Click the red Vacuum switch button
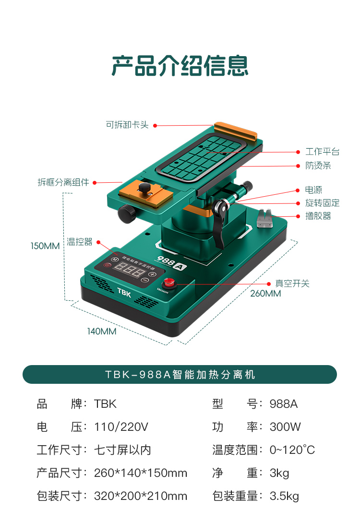(168, 283)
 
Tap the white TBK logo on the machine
(124, 291)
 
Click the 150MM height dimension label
(45, 246)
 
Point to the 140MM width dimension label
(101, 331)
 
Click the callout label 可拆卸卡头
(127, 125)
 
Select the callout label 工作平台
(322, 152)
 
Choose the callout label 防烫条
(318, 166)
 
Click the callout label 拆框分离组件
(63, 182)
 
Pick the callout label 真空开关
(292, 283)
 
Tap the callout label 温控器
(80, 242)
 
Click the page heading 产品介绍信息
(180, 66)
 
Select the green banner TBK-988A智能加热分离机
(180, 374)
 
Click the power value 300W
(285, 426)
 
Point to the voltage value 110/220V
(121, 426)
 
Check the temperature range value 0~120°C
(292, 450)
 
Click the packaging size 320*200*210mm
(141, 496)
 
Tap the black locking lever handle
(221, 225)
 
